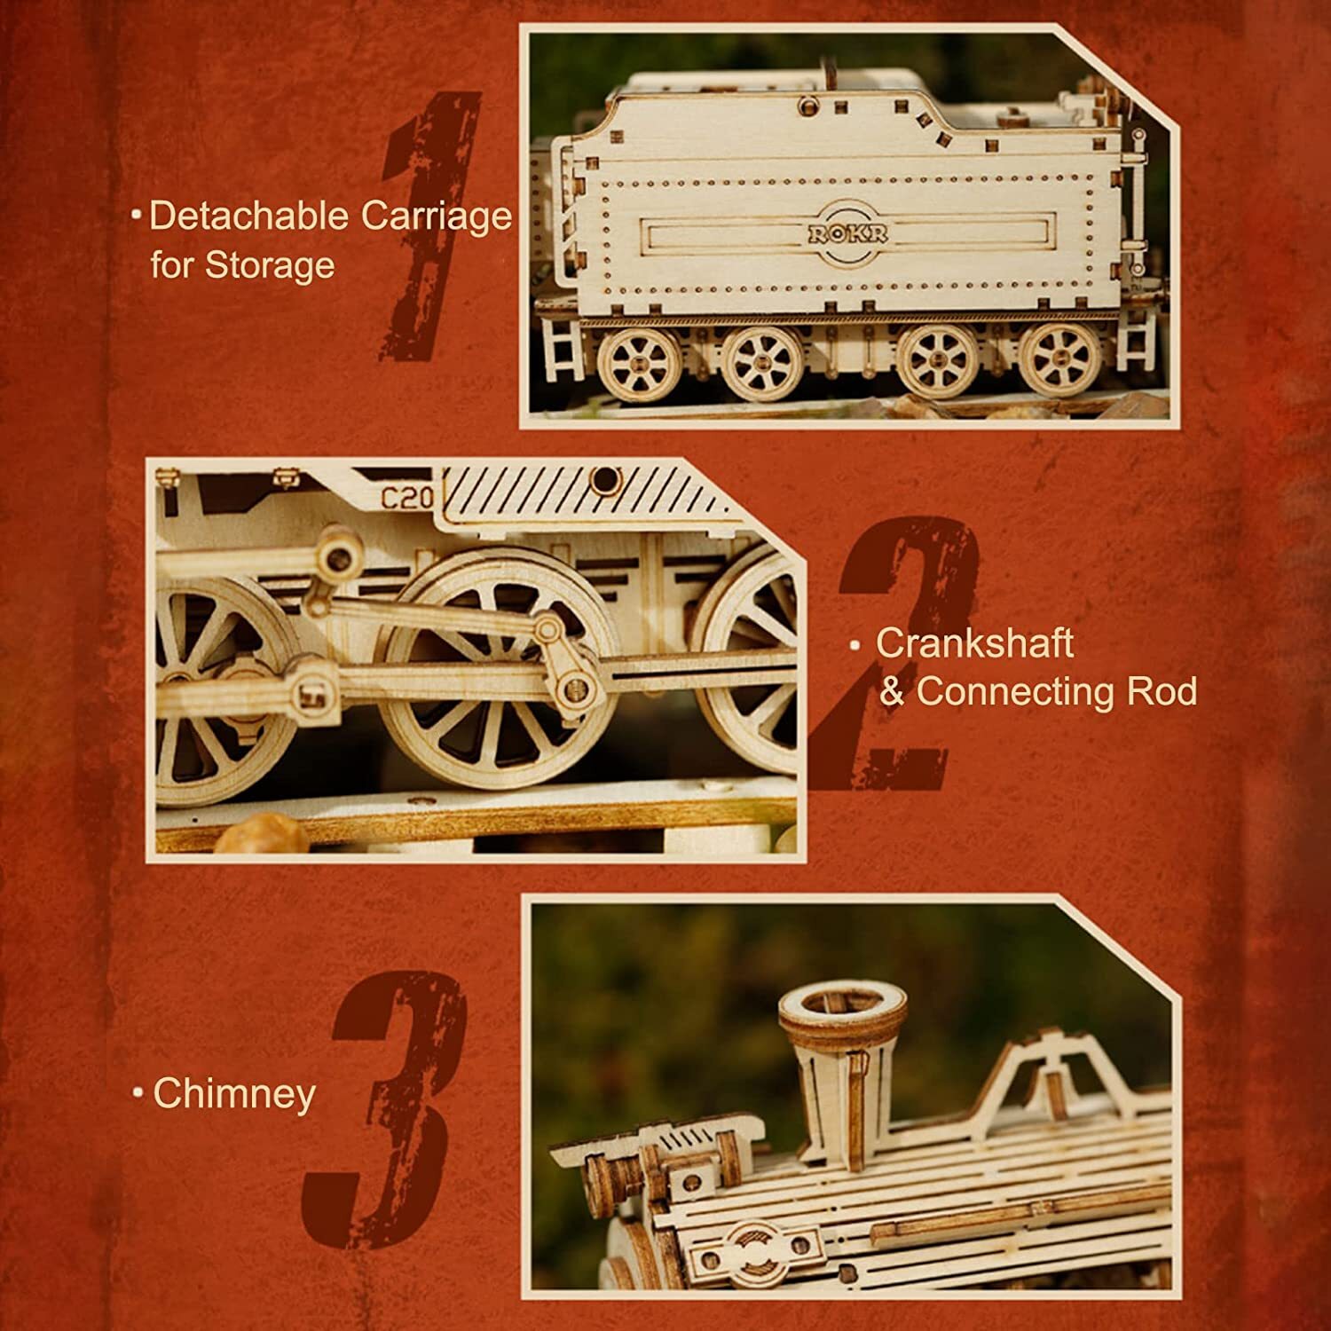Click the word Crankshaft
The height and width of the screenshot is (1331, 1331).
pos(974,643)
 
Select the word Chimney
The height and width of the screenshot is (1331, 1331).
pos(234,1093)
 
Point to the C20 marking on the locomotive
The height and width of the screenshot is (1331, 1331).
pos(407,497)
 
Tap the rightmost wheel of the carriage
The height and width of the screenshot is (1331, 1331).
pos(1059,363)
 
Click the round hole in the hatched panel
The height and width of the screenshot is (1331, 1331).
pos(605,482)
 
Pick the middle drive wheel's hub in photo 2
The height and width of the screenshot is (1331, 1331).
pos(497,683)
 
